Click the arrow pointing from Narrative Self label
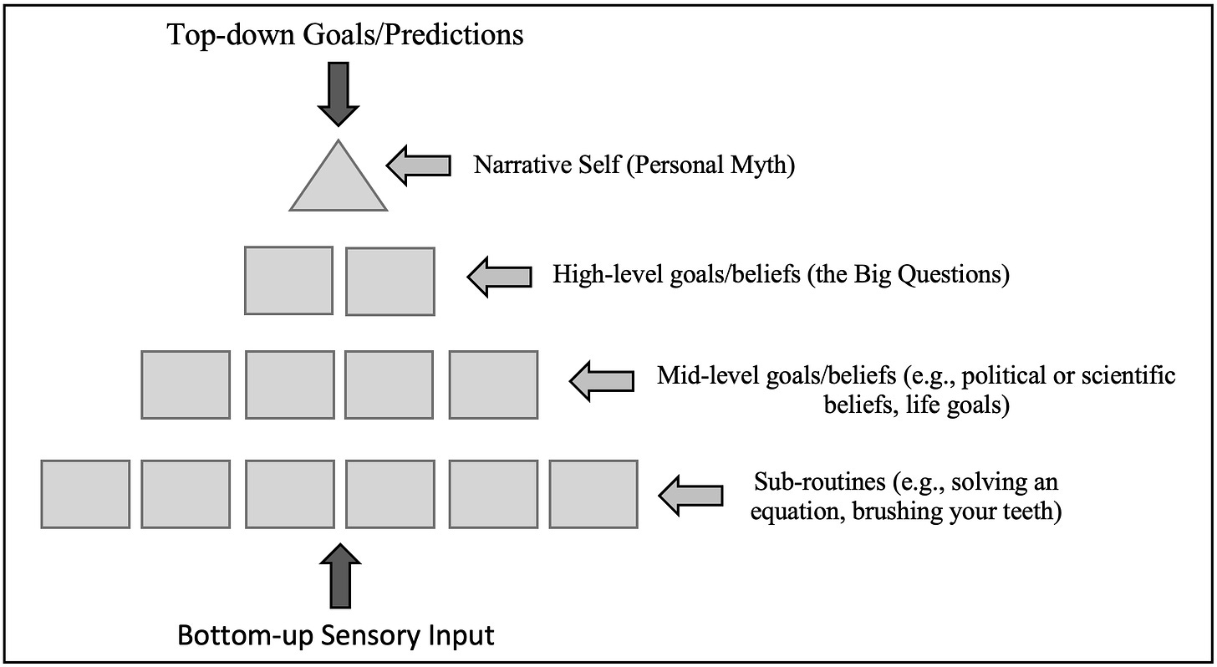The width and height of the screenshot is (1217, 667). point(418,165)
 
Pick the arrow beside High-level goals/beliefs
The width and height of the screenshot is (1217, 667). point(499,275)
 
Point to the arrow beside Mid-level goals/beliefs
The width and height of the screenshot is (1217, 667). point(601,380)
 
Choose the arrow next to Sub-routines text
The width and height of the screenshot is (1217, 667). point(690,495)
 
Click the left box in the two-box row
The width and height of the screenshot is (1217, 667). point(288,280)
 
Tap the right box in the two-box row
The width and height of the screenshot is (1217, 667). point(390,281)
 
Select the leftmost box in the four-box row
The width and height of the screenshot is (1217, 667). point(186,384)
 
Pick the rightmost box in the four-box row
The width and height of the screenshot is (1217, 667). point(493,384)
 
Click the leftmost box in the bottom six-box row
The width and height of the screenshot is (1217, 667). point(85,494)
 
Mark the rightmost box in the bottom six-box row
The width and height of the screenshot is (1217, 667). point(593,494)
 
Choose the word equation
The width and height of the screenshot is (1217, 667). point(795,512)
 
